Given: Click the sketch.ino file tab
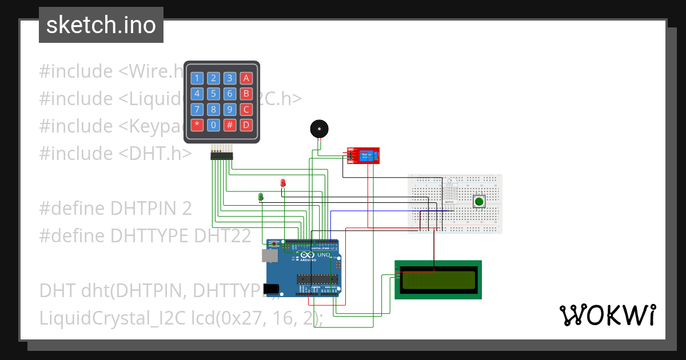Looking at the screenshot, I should pyautogui.click(x=101, y=25).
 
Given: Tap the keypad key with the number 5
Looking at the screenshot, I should pyautogui.click(x=213, y=94).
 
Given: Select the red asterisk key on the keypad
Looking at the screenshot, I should pyautogui.click(x=197, y=125).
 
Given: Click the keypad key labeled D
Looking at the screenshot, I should pyautogui.click(x=246, y=125).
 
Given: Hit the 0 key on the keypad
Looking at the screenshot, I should pyautogui.click(x=213, y=125).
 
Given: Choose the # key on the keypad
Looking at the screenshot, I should pyautogui.click(x=230, y=125).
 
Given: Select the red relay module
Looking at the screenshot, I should pyautogui.click(x=364, y=154).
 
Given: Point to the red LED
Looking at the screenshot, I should pyautogui.click(x=283, y=183).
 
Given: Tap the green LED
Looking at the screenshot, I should pyautogui.click(x=261, y=197).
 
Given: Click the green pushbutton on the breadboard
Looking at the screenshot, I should pyautogui.click(x=478, y=201).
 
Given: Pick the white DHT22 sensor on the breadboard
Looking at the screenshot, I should pyautogui.click(x=449, y=192).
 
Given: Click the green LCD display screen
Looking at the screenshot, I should pyautogui.click(x=438, y=279).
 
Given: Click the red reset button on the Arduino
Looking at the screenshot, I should pyautogui.click(x=274, y=245).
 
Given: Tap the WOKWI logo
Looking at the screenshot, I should pyautogui.click(x=607, y=315).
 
